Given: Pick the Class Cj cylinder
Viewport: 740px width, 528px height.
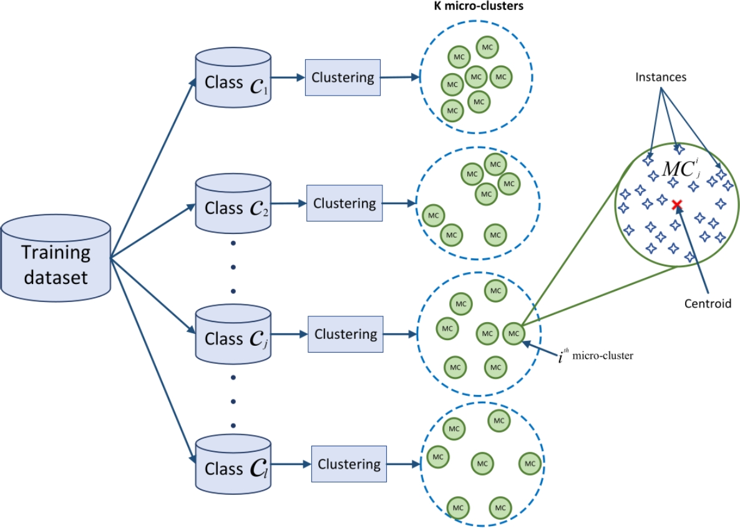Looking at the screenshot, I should coord(233,336).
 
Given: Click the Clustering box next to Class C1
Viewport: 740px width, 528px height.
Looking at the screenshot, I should coord(343,77).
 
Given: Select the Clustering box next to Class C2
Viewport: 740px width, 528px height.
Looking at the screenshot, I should coord(344,203).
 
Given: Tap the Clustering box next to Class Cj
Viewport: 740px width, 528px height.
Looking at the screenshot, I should coord(346,334).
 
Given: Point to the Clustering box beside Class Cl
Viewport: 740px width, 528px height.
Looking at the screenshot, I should coord(349,464).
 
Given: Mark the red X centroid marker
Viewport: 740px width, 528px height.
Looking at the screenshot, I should coord(676,205).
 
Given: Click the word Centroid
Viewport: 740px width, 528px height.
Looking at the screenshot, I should coord(708,304).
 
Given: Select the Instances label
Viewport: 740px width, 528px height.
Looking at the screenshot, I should coord(661,78).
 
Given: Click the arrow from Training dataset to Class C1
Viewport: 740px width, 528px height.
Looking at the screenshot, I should coord(153,169).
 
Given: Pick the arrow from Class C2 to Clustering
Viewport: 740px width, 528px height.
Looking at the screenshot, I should coord(289,203).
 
